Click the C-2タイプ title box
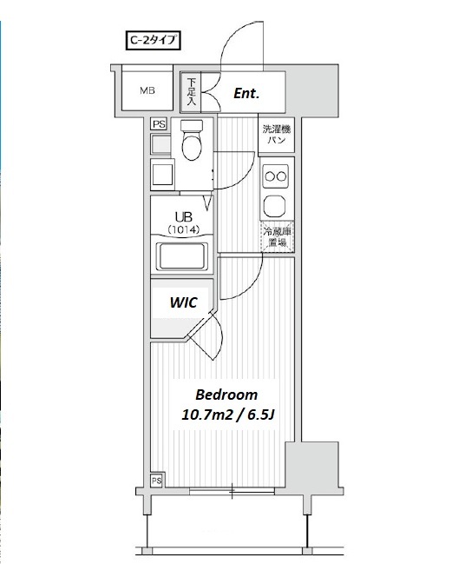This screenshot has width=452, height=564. [x=153, y=40]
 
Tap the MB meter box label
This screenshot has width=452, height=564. [x=147, y=90]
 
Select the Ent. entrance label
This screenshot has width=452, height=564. [x=246, y=94]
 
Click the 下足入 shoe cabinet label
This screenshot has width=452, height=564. [x=192, y=92]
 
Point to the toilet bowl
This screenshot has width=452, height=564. [x=192, y=140]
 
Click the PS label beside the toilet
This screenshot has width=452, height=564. [x=159, y=124]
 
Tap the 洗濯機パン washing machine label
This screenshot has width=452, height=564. [x=277, y=134]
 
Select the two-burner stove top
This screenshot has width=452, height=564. [x=276, y=176]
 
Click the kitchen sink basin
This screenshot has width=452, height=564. [x=275, y=206]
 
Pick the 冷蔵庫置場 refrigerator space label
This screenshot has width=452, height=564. [x=277, y=236]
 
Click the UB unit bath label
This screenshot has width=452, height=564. [x=183, y=217]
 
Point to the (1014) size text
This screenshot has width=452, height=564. [x=183, y=229]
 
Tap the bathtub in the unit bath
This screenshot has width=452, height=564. [x=181, y=256]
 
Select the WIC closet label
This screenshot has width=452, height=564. [x=183, y=302]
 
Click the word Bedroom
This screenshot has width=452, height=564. [x=226, y=395]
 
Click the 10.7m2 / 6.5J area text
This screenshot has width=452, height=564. [x=228, y=415]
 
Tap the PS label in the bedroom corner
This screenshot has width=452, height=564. [x=156, y=481]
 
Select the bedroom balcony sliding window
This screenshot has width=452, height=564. [x=232, y=491]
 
